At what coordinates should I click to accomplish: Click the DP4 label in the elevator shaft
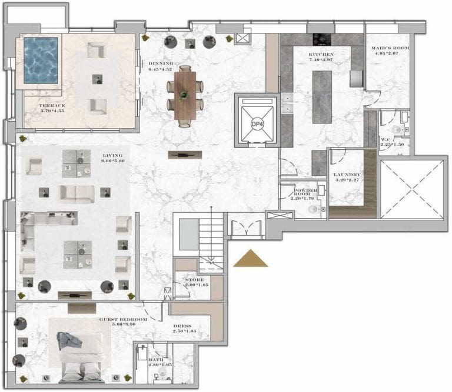256,124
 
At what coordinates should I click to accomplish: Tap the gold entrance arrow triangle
251,259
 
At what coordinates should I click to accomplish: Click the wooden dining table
185,93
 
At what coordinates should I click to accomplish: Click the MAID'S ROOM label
387,48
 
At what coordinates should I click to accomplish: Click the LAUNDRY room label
346,175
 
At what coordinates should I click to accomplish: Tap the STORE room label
194,280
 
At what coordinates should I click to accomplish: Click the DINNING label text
161,63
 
